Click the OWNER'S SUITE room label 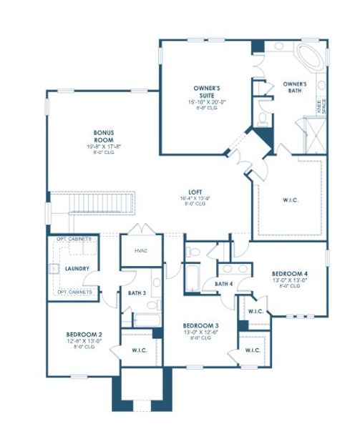tap(206, 91)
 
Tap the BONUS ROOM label tap(104, 136)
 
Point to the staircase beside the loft tap(100, 202)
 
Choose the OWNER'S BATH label tap(294, 87)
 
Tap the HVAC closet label tap(140, 250)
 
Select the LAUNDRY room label tap(77, 269)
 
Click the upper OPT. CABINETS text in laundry tap(74, 239)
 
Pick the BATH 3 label tap(138, 293)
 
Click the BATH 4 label tap(224, 284)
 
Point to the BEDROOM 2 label tap(84, 334)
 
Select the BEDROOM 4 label tap(290, 274)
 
